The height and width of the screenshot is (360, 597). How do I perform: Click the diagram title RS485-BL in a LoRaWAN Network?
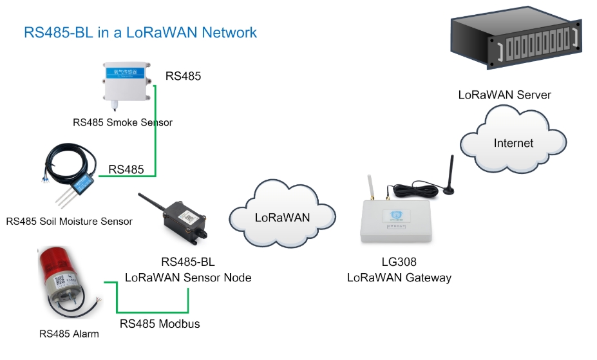pyautogui.click(x=140, y=32)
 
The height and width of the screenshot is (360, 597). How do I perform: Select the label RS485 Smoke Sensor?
pyautogui.click(x=122, y=122)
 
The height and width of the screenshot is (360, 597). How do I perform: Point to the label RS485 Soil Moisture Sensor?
pyautogui.click(x=70, y=222)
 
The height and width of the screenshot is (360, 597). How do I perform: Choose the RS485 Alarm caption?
pyautogui.click(x=69, y=334)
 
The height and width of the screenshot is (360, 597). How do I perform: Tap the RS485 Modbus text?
pyautogui.click(x=160, y=324)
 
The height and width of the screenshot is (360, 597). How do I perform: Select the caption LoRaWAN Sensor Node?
pyautogui.click(x=188, y=278)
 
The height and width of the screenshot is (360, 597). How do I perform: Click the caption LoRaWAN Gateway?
pyautogui.click(x=399, y=278)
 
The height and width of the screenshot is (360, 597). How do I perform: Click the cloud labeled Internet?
pyautogui.click(x=513, y=142)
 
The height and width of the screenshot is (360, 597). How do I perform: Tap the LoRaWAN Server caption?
pyautogui.click(x=504, y=95)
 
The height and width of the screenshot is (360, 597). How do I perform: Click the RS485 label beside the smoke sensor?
pyautogui.click(x=184, y=76)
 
